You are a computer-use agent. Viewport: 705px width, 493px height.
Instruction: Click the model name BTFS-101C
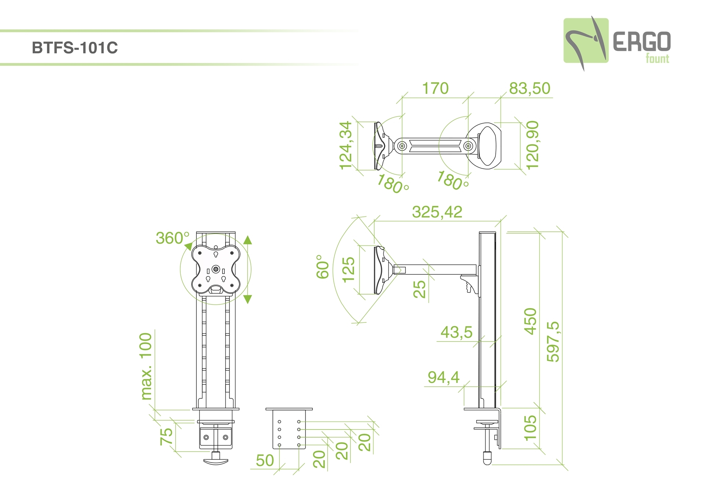click(75, 48)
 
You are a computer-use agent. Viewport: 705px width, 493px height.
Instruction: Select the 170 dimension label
click(435, 88)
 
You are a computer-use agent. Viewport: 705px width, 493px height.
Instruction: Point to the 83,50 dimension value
click(529, 88)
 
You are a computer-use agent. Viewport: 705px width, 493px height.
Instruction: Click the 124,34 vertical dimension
click(346, 145)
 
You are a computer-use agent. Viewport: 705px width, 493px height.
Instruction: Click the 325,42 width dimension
click(437, 212)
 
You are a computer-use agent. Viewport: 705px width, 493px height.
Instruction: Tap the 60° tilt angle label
click(323, 267)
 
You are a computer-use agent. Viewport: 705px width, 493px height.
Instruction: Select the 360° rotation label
click(173, 238)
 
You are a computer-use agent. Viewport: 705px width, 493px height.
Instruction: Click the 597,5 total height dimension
click(553, 342)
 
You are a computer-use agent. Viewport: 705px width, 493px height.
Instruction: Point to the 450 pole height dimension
click(530, 321)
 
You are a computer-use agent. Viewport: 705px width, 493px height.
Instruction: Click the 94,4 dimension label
click(444, 377)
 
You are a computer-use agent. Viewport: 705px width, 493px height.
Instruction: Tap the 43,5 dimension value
click(456, 332)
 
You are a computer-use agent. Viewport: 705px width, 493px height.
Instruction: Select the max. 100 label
click(146, 366)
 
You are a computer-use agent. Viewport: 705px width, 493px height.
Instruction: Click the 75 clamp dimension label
click(166, 436)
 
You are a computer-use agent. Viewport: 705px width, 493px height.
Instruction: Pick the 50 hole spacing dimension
click(265, 461)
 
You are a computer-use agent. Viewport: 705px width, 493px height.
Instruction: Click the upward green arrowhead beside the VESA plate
click(248, 240)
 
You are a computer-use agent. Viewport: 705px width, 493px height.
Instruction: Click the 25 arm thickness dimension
click(419, 289)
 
